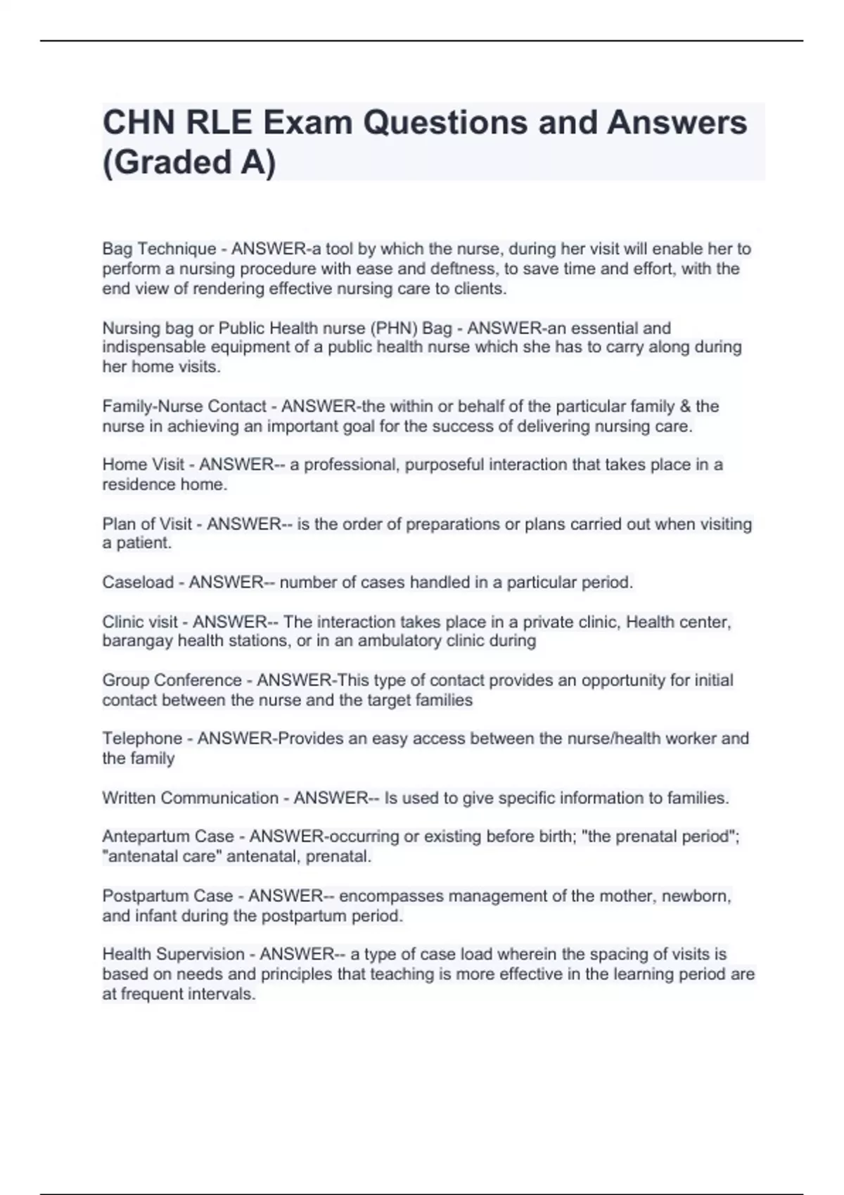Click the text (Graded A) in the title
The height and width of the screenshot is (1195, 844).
pyautogui.click(x=189, y=162)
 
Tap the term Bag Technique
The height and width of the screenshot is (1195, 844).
pyautogui.click(x=159, y=249)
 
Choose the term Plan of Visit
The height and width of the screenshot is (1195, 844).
pyautogui.click(x=147, y=524)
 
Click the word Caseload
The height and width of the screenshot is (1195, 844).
pyautogui.click(x=138, y=583)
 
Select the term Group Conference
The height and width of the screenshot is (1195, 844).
pyautogui.click(x=172, y=680)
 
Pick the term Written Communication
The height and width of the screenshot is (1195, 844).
pyautogui.click(x=190, y=798)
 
